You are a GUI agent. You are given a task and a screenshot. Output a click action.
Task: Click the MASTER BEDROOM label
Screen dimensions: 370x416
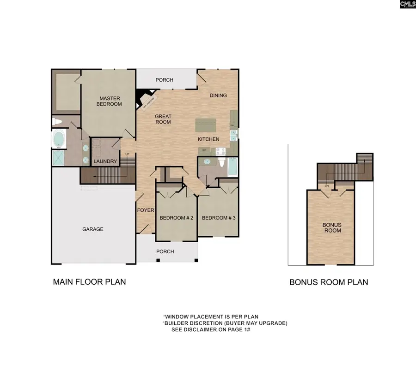109,101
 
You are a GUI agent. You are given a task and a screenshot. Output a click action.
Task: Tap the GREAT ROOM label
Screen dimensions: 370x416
163,119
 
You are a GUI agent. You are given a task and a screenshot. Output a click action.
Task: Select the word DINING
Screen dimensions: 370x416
218,95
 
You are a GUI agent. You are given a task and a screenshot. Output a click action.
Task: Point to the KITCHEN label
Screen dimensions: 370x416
208,139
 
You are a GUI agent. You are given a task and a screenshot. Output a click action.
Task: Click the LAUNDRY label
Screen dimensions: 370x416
105,161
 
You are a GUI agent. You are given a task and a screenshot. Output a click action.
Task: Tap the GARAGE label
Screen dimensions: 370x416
93,229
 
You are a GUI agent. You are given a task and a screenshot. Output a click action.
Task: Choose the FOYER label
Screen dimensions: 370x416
146,210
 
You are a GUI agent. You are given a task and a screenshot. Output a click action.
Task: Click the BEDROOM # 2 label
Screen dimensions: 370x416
176,218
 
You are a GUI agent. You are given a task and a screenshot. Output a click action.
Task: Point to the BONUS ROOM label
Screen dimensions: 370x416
332,227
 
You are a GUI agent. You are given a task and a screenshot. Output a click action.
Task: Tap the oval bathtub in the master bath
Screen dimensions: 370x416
59,138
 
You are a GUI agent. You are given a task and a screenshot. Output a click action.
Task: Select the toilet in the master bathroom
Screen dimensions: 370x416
57,122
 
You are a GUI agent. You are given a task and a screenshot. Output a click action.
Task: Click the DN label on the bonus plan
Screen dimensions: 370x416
326,186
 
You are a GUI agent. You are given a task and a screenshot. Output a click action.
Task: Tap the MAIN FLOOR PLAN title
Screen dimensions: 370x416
89,281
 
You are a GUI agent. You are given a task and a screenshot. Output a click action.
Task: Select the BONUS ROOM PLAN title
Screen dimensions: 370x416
329,282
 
